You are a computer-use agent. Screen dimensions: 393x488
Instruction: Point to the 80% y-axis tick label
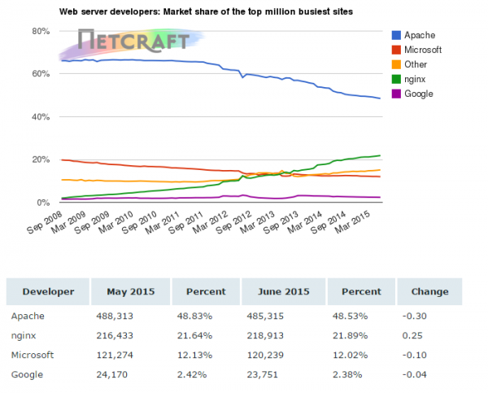[x=41, y=31]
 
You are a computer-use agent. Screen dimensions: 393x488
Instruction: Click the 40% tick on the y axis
[x=41, y=116]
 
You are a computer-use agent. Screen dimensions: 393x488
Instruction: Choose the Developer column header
[x=48, y=291]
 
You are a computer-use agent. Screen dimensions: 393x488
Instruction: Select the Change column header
[x=429, y=291]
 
